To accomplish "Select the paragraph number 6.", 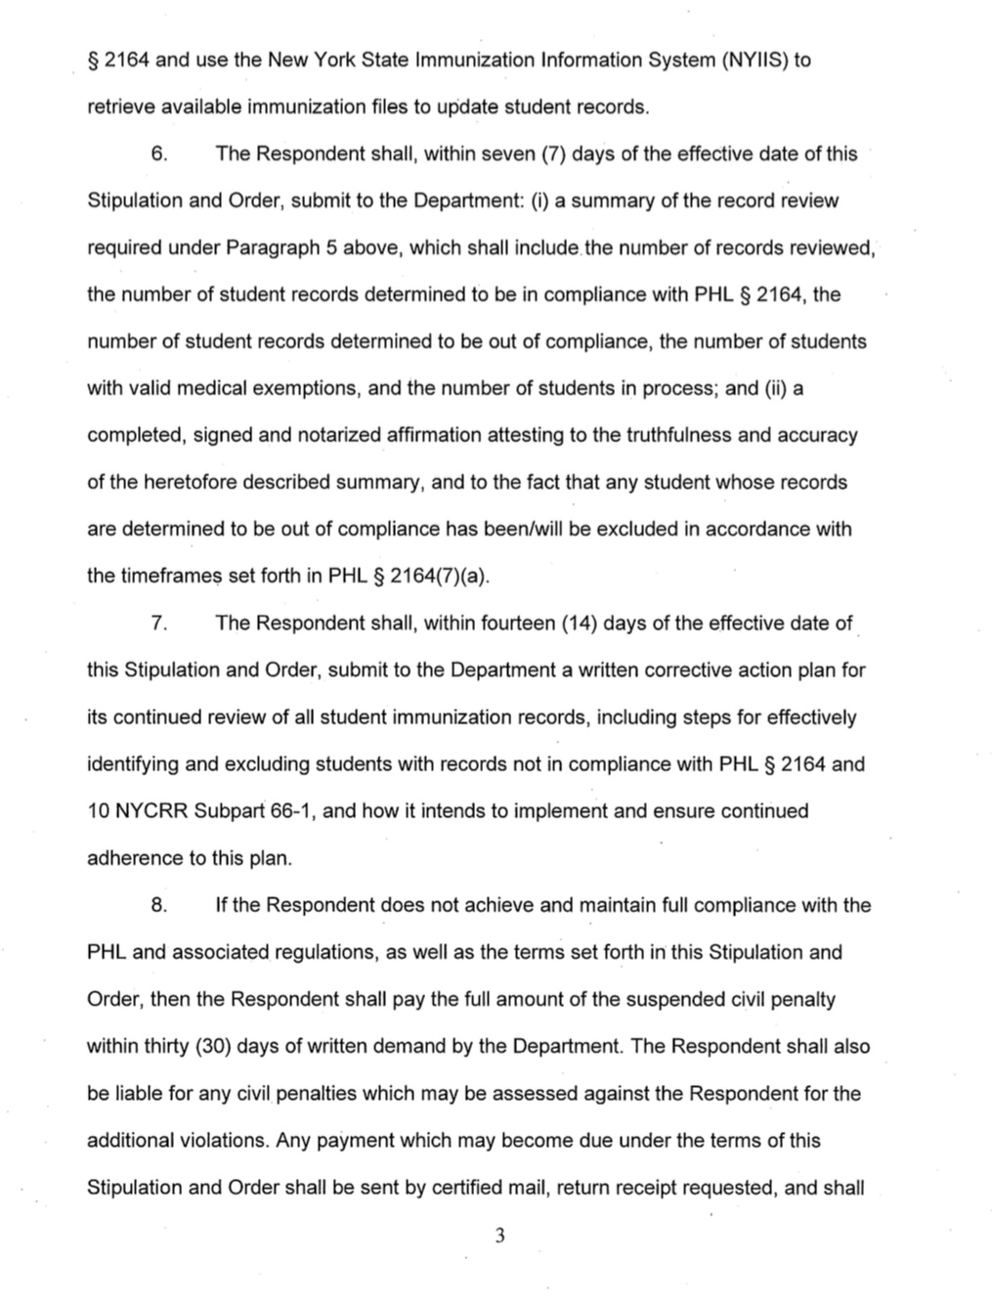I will (x=161, y=153).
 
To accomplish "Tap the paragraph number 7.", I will (x=161, y=624).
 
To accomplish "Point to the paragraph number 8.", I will (x=161, y=905).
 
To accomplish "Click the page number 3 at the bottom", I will (x=499, y=1236).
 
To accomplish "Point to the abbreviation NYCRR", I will (x=154, y=811).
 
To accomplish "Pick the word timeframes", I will (x=171, y=577).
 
